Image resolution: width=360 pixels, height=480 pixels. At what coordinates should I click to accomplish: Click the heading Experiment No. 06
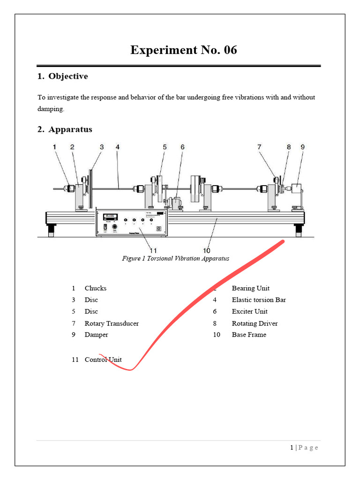[x=183, y=50]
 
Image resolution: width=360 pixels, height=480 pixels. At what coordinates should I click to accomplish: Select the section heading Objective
[x=68, y=76]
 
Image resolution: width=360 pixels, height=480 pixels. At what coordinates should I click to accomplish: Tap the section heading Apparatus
[x=70, y=129]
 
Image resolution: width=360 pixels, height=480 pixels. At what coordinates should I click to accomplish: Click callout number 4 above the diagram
[x=118, y=147]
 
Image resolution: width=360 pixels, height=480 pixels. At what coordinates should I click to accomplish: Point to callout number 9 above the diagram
[x=302, y=147]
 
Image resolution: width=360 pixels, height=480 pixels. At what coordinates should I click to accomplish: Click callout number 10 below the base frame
[x=207, y=251]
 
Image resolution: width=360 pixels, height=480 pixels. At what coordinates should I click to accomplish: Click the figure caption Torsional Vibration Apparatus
[x=175, y=258]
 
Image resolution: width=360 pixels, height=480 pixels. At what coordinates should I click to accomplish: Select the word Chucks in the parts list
[x=96, y=288]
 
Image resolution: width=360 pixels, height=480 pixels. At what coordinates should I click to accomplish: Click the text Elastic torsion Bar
[x=259, y=300]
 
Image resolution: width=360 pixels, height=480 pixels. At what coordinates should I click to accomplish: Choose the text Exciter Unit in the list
[x=250, y=312]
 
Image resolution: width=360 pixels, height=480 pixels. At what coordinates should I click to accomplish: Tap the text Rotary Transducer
[x=112, y=323]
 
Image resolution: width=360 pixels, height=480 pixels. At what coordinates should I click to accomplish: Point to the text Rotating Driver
[x=255, y=323]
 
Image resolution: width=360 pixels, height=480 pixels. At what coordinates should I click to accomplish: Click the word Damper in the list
[x=96, y=335]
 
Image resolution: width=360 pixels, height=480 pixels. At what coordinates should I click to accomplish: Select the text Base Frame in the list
[x=249, y=335]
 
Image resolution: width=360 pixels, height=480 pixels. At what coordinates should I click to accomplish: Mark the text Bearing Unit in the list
[x=251, y=288]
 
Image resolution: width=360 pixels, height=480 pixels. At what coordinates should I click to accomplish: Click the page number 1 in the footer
[x=292, y=448]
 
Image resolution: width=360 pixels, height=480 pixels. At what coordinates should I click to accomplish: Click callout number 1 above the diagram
[x=54, y=147]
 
